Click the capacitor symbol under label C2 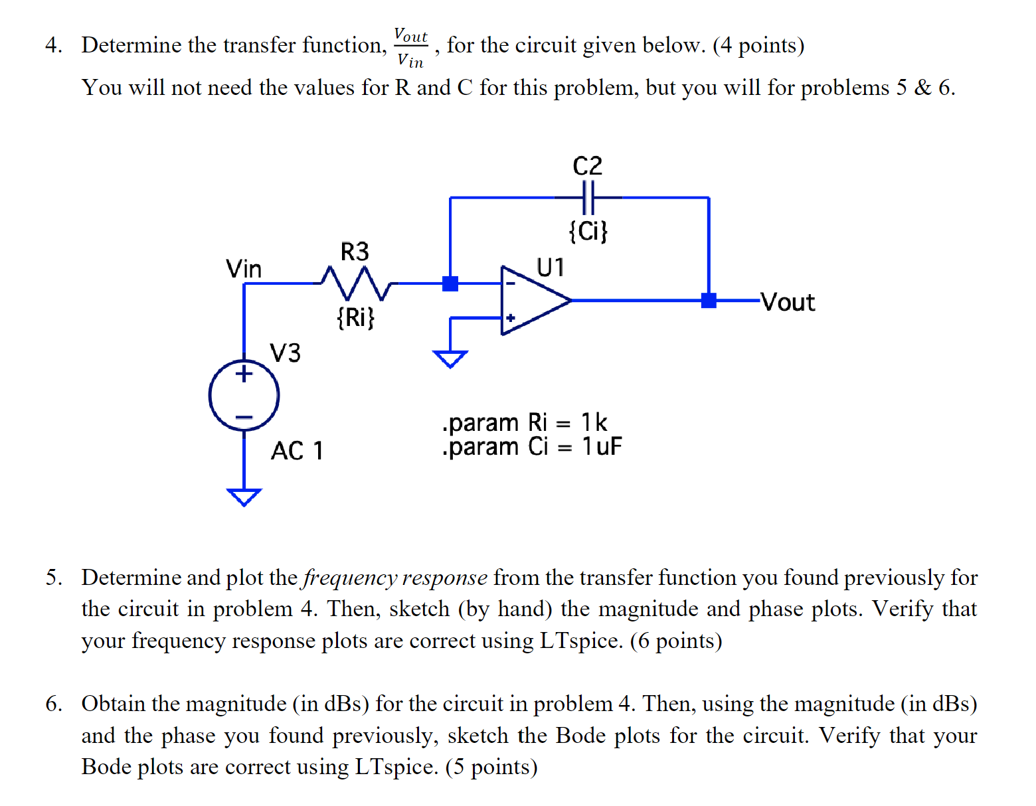(588, 198)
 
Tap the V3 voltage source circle (244, 396)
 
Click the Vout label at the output (788, 302)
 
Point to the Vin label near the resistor (244, 269)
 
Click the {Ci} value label (588, 231)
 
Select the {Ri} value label (355, 317)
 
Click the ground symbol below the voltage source (244, 497)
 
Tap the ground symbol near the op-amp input (450, 359)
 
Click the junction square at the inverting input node (450, 283)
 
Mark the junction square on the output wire (709, 301)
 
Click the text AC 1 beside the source (297, 451)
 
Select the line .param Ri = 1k (525, 422)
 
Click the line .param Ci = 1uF (531, 447)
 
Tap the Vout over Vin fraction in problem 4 (410, 47)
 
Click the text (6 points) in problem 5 (675, 641)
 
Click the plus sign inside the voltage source (244, 373)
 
